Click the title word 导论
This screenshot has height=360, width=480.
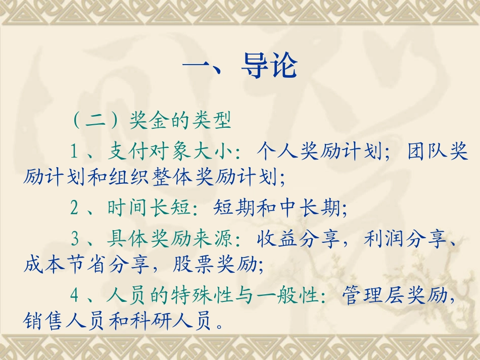point(269,66)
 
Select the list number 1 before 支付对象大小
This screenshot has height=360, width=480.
point(75,151)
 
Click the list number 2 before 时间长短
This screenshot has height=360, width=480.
point(75,208)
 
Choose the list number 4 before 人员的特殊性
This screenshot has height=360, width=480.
point(75,295)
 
